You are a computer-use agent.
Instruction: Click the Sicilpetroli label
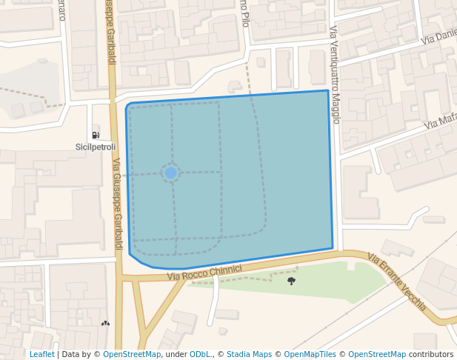96,147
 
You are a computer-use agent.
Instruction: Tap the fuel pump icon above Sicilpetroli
96,135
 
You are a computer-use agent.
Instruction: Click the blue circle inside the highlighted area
170,173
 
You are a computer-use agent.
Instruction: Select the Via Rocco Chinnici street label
204,273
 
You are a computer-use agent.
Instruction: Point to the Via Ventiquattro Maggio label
335,75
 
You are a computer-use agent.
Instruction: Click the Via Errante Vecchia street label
397,282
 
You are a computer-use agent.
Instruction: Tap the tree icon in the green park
291,281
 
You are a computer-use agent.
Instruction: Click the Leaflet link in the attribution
42,354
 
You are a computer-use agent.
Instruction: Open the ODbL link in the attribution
200,354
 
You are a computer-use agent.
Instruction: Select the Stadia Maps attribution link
249,354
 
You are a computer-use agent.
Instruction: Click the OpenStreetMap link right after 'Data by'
132,354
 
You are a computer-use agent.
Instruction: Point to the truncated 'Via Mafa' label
441,119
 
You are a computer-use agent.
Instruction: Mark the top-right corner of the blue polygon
328,91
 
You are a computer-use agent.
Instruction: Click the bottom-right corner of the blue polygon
333,248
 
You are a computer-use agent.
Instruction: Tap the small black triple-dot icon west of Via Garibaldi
105,323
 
